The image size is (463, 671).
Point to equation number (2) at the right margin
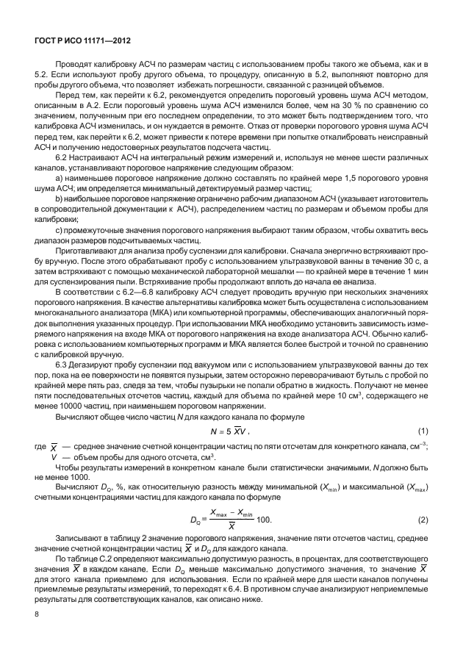423,520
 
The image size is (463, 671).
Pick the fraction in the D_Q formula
230,520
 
